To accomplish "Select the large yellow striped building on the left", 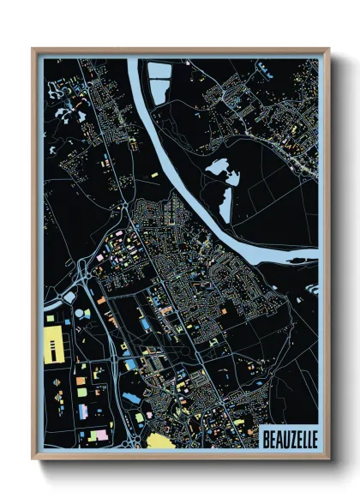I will [54, 346].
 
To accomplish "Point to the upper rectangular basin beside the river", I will [159, 71].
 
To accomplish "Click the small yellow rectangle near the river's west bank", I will [155, 175].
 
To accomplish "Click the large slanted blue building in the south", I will [132, 399].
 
